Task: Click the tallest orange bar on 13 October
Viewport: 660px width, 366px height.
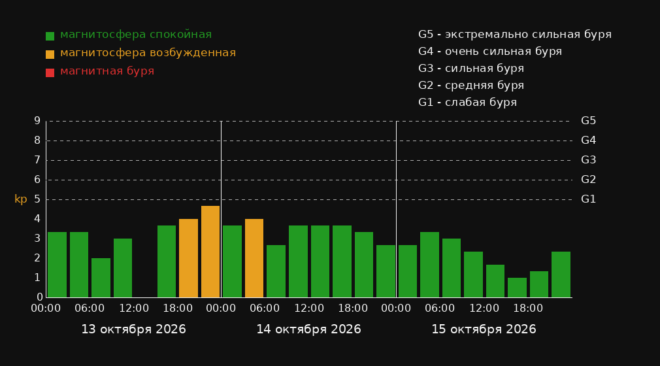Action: tap(210, 252)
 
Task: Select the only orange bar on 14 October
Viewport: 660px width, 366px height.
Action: tap(254, 258)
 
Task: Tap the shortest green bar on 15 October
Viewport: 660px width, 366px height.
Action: tap(517, 288)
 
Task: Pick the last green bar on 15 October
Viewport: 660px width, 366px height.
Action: tap(561, 274)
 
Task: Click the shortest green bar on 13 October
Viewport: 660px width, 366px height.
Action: tap(101, 278)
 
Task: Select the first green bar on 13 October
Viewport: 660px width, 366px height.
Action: tap(58, 265)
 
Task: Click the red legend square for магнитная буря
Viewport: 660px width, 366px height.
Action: tap(50, 73)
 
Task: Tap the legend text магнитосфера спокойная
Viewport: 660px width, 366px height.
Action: tap(136, 35)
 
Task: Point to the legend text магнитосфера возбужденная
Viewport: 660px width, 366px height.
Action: tap(148, 53)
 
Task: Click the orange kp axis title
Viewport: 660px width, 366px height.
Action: tap(21, 199)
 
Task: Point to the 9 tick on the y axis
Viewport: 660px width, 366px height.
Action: tap(37, 121)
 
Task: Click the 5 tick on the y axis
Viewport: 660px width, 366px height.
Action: tap(37, 199)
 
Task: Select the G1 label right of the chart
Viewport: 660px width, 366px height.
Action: tap(588, 199)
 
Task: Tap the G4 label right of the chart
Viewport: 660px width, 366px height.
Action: tap(588, 141)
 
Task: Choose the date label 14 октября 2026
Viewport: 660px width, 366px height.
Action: tap(308, 329)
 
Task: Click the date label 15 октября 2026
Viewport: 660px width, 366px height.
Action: tap(484, 329)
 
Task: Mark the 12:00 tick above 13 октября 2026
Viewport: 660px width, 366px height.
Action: tap(134, 308)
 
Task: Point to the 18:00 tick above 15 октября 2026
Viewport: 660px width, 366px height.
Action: tap(528, 308)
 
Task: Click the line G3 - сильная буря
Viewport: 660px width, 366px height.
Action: tap(471, 69)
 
